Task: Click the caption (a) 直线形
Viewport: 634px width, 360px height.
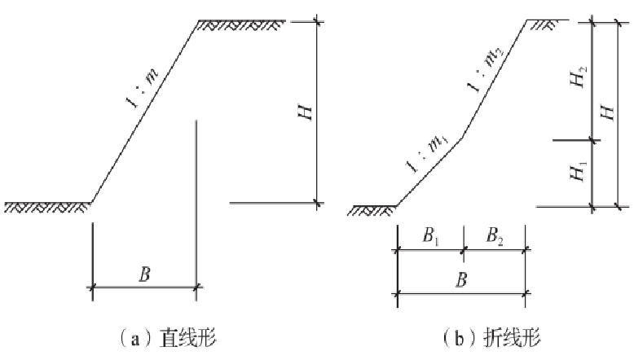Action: coord(167,336)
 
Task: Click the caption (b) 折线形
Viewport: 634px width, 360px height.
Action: coord(491,336)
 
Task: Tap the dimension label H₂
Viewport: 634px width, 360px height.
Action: coord(579,79)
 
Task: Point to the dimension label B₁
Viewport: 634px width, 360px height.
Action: coord(429,238)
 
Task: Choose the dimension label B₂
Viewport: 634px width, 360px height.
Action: coord(494,238)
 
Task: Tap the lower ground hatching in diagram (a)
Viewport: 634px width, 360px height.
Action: coord(46,207)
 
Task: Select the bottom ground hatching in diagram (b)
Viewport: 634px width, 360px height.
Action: coord(371,211)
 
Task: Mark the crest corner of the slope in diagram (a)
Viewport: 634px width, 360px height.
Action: coord(197,21)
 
